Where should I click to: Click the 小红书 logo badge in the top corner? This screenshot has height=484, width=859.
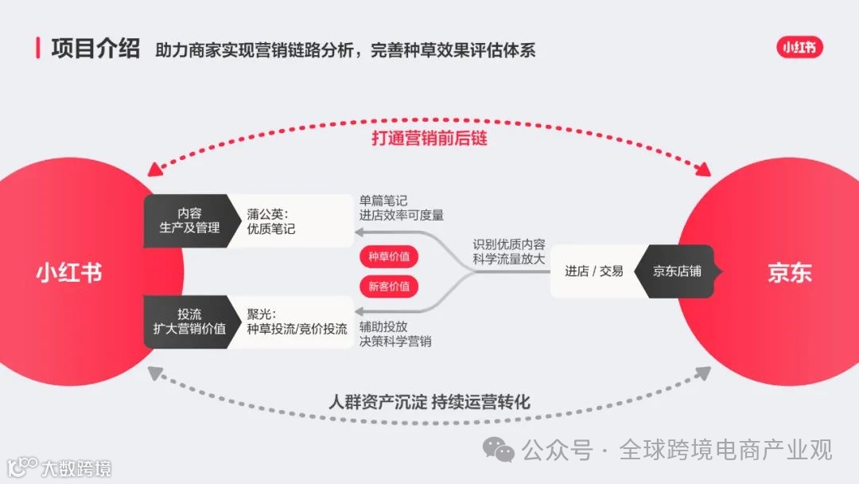799,48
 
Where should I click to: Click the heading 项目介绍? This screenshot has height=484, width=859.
95,48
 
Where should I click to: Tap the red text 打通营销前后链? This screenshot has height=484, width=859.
429,138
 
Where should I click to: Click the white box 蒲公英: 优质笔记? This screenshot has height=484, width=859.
290,221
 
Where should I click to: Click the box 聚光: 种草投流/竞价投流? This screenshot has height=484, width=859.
290,321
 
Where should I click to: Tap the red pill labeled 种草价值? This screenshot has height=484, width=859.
389,257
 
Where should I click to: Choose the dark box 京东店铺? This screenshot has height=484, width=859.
677,271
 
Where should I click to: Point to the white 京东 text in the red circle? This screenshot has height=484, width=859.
790,272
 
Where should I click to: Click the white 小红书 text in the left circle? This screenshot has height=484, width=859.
69,272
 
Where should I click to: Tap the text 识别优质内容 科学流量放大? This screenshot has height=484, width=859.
509,252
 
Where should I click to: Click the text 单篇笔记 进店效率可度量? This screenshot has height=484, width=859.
402,208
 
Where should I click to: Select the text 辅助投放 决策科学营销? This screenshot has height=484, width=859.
395,334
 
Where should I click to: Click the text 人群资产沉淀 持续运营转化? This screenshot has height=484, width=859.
429,401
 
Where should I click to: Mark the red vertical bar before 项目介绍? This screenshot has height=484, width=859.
38,48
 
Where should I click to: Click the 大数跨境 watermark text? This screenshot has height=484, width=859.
76,467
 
